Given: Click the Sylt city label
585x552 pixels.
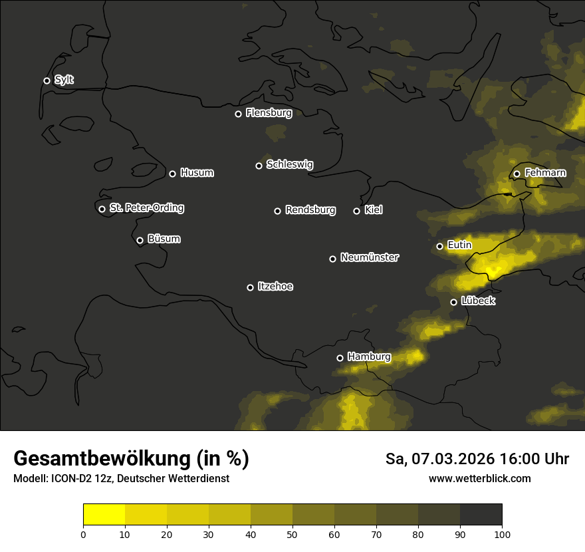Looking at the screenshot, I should click(x=64, y=80).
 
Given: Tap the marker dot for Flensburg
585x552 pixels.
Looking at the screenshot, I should click(x=238, y=114).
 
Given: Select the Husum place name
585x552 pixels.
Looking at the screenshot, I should click(x=197, y=173).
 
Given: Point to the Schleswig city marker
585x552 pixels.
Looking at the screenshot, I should click(x=259, y=166).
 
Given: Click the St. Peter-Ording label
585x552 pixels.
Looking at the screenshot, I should click(x=146, y=208).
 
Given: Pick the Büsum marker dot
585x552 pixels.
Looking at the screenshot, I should click(x=140, y=241).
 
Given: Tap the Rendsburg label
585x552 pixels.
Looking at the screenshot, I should click(x=310, y=210).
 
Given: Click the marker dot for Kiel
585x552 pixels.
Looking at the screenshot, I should click(x=356, y=211).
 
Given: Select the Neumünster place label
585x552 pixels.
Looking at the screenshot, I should click(x=369, y=257).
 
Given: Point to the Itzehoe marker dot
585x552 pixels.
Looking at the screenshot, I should click(x=250, y=287).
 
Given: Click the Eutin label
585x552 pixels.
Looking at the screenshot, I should click(x=459, y=245).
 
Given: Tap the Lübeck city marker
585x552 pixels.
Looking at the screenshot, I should click(x=453, y=302).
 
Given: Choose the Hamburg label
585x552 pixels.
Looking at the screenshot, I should click(x=369, y=357).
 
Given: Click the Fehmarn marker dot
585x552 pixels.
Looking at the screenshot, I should click(x=517, y=174).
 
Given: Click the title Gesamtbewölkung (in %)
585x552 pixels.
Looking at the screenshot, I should click(x=131, y=459).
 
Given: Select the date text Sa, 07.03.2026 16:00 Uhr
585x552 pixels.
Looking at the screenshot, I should click(x=477, y=459).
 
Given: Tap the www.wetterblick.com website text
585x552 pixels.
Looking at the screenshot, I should click(x=479, y=479).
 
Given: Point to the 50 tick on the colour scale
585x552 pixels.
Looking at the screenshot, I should click(x=292, y=533).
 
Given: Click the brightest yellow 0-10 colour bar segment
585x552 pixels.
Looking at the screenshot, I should click(x=104, y=515).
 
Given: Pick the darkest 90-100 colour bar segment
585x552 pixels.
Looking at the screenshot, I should click(x=481, y=515).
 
